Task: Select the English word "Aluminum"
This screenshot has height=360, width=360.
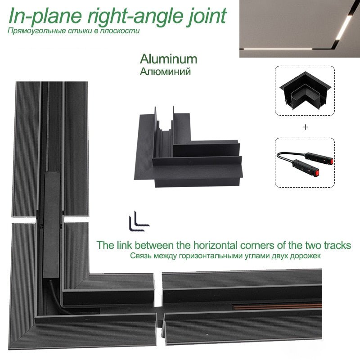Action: coord(168,59)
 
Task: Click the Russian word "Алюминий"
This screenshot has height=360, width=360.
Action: coord(165,72)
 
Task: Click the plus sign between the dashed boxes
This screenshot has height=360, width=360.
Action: coord(305,127)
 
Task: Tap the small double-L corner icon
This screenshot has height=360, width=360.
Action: coord(139,221)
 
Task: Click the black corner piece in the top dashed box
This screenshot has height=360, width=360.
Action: coord(305,91)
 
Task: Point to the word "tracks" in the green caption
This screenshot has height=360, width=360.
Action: coord(337,245)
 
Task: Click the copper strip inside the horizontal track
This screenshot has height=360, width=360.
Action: coord(278,307)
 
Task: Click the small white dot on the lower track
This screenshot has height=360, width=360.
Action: coord(207,334)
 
